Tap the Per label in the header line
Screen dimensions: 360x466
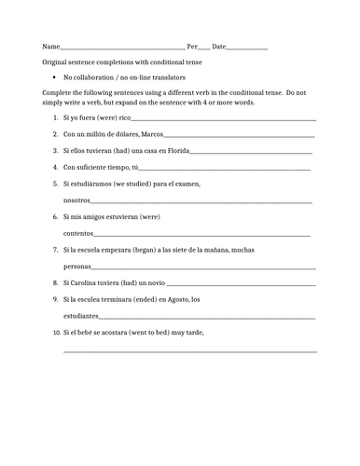[x=193, y=46]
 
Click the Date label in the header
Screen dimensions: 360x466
[x=219, y=46]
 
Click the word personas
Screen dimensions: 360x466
[x=77, y=266]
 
